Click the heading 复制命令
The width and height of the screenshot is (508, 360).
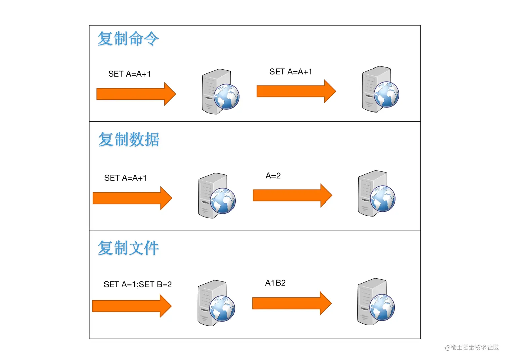click(128, 38)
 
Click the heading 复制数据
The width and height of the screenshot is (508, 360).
click(129, 139)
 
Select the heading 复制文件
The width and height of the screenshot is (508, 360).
click(128, 248)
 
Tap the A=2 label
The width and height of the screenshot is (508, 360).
click(273, 176)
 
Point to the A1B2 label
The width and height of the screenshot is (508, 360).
click(275, 283)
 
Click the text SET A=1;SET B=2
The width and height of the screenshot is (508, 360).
click(137, 284)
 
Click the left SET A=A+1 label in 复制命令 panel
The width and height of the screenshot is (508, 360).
click(129, 74)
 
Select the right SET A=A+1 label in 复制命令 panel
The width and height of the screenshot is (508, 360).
click(291, 72)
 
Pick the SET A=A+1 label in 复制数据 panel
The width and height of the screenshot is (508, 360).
click(125, 178)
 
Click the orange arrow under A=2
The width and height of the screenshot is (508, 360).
click(292, 195)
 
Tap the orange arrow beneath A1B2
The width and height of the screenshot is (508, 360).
click(291, 303)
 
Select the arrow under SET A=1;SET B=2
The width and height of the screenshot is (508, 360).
click(131, 306)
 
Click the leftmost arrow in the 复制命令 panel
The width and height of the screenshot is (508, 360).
click(135, 94)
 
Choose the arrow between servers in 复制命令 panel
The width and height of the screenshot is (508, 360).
click(296, 91)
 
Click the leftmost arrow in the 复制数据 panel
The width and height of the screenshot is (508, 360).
click(132, 198)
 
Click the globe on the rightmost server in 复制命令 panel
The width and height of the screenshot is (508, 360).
click(386, 95)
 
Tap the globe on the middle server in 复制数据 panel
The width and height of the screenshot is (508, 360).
click(223, 201)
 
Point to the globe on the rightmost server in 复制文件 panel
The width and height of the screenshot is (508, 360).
click(382, 307)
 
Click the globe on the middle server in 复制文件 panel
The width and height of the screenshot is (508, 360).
click(222, 308)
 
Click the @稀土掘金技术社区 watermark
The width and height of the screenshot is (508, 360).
click(471, 348)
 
